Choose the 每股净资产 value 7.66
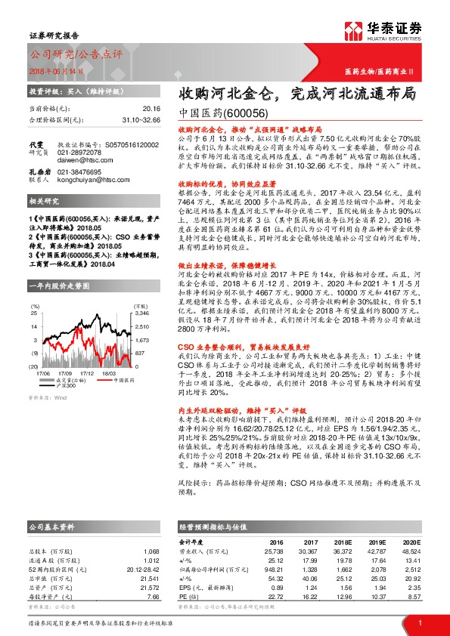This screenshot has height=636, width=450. [x=154, y=597]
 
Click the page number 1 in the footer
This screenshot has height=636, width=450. [x=419, y=623]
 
